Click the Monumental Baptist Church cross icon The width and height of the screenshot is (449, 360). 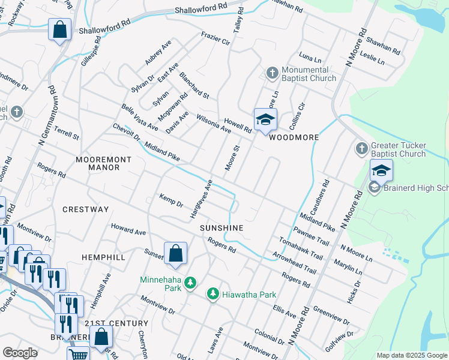click(271, 73)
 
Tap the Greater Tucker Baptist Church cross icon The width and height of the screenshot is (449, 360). click(361, 148)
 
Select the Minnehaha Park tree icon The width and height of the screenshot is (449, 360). click(190, 282)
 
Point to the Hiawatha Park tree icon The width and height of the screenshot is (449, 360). click(212, 293)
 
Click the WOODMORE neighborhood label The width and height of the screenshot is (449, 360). click(293, 137)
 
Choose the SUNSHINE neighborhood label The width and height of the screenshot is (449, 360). click(221, 228)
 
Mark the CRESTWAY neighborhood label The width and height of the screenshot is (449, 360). click(86, 209)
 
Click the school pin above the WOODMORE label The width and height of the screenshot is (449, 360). click(265, 119)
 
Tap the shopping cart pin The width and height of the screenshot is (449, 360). click(79, 355)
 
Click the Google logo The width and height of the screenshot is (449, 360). click(20, 352)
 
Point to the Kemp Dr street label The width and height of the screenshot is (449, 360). click(171, 200)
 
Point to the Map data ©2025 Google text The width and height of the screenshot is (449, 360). click(412, 355)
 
